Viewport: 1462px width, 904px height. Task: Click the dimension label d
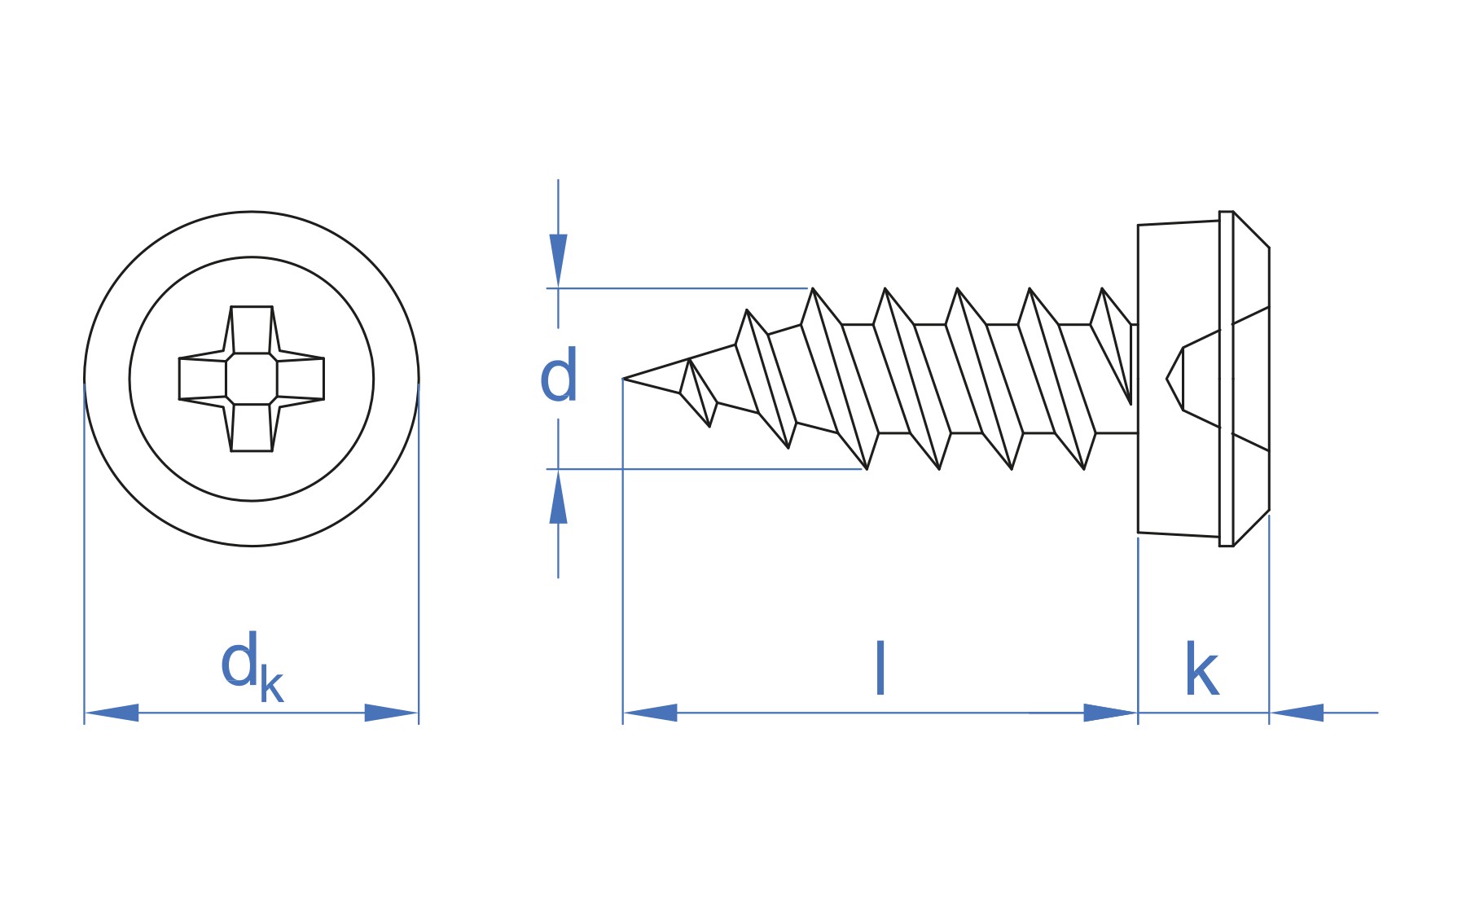tap(559, 375)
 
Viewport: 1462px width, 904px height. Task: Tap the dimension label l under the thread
tap(880, 668)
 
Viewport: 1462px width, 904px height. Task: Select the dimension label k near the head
tap(1201, 669)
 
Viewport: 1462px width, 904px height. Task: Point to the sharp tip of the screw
tap(624, 379)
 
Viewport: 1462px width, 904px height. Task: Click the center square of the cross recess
tap(252, 379)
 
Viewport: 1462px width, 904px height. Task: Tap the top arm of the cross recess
tap(252, 330)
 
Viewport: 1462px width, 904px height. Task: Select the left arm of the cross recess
tap(203, 379)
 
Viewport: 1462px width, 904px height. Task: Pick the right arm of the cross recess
tap(301, 379)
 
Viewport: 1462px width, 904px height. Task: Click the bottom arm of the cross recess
tap(252, 428)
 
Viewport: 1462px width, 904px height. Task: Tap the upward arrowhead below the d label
tap(558, 497)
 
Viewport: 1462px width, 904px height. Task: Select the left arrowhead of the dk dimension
tap(112, 713)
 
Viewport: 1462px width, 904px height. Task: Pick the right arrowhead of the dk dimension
tap(392, 713)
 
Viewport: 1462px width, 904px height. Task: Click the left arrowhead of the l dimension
tap(650, 713)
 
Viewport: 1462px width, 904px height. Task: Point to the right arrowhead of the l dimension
tap(1110, 713)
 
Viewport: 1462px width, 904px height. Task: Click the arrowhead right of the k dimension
tap(1297, 713)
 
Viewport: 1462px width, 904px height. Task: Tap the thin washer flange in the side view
tap(1226, 379)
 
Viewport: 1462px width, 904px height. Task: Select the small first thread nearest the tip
tap(699, 393)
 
